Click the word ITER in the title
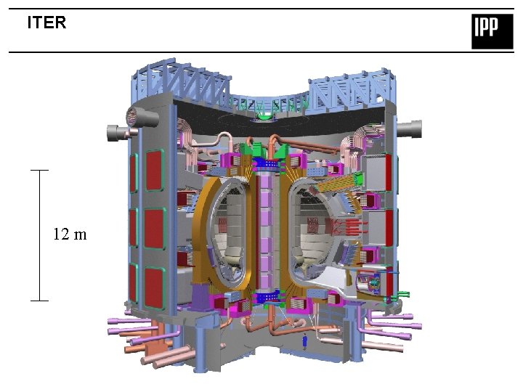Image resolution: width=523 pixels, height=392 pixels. (x=46, y=23)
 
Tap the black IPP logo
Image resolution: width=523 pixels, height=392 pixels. (x=492, y=31)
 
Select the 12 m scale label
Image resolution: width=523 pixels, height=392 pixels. (x=70, y=234)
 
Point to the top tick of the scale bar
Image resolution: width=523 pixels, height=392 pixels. (x=39, y=171)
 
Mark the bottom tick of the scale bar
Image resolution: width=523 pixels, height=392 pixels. (x=39, y=301)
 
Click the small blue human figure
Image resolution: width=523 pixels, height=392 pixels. (x=304, y=342)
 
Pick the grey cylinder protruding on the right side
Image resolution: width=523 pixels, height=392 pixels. (x=409, y=129)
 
